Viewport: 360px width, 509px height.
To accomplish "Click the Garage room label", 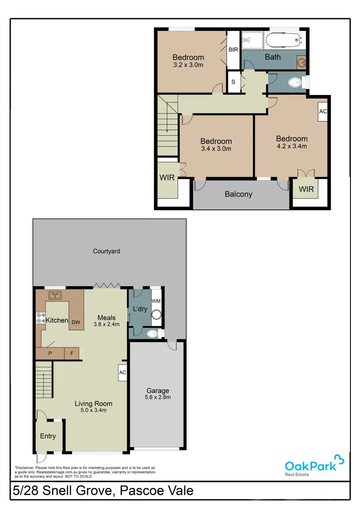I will coord(158,390).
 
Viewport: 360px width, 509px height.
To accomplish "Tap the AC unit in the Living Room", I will coord(122,372).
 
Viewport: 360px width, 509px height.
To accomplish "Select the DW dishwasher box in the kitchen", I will coord(76,323).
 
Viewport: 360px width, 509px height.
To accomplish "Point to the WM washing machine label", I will coord(156,301).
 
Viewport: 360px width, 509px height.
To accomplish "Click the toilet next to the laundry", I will coord(153,334).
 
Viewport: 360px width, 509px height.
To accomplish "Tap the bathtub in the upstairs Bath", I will coord(283,39).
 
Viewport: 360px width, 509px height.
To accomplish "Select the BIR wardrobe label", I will coord(233,49).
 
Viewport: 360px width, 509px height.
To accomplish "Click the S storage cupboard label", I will coord(233,81).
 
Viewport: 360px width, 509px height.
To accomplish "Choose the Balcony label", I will coord(239,194).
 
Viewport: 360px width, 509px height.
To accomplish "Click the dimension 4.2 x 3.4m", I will coord(291,146).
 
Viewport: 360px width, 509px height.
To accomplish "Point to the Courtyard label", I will coord(107,251).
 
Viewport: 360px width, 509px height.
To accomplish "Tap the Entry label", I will coord(48,436).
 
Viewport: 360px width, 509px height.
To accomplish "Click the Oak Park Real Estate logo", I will coord(314,465).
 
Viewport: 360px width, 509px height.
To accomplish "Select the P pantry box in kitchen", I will coord(50,353).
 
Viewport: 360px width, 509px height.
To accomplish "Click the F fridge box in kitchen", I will coord(72,353).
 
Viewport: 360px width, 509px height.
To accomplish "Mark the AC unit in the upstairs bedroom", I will coord(323,111).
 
